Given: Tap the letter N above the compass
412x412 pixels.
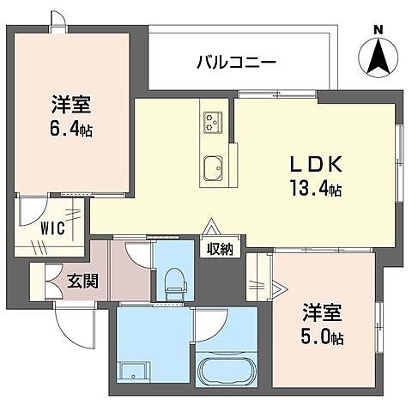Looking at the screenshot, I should click(379, 30).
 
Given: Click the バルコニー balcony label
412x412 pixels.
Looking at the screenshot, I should click(235, 62).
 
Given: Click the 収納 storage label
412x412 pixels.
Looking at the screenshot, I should click(219, 250).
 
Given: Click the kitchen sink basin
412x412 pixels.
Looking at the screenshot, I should click(212, 165).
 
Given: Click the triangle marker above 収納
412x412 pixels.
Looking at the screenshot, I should click(209, 228).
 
